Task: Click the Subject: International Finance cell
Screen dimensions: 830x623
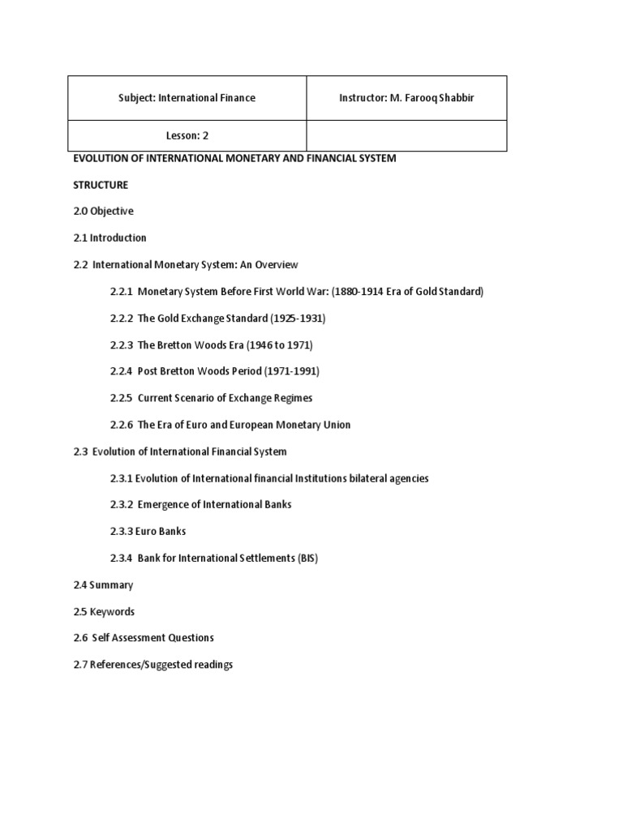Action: coord(187,98)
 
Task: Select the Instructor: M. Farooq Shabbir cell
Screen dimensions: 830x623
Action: coord(406,98)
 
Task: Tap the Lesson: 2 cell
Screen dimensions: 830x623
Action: coord(187,136)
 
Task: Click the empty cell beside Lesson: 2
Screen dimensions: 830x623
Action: coord(406,136)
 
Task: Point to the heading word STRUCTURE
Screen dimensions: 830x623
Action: coord(101,185)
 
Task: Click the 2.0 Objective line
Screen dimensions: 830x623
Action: coord(103,212)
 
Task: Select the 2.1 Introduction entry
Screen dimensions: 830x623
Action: coord(110,238)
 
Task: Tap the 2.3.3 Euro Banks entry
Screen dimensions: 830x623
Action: coord(148,532)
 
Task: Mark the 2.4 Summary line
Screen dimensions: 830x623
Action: coord(103,585)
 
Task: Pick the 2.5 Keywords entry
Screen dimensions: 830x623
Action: coord(104,612)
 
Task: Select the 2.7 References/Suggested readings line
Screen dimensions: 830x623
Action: coord(153,665)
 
